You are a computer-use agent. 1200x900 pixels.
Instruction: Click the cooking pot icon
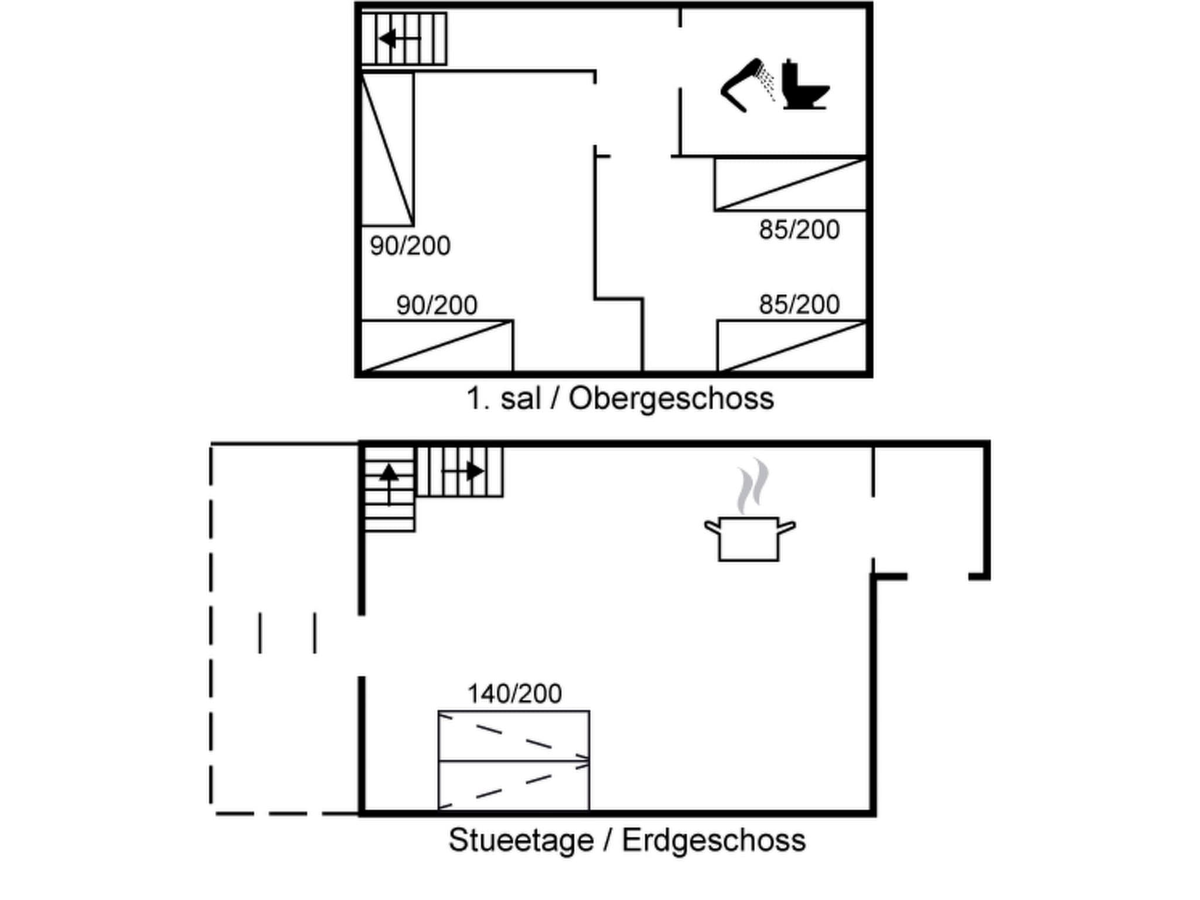(x=749, y=539)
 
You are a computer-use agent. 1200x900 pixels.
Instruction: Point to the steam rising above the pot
(x=752, y=486)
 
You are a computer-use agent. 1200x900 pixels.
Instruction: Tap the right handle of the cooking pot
(x=786, y=527)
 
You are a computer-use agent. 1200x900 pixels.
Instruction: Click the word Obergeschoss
(x=671, y=399)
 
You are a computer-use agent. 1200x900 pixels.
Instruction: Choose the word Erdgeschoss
(x=713, y=840)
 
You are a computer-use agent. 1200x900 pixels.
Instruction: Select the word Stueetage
(x=521, y=840)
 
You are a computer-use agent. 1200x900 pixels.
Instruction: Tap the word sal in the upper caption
(x=520, y=399)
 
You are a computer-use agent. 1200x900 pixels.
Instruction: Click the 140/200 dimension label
(x=514, y=694)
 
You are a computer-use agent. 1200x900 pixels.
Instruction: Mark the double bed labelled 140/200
(x=514, y=761)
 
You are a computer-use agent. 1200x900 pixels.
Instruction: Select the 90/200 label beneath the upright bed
(x=410, y=246)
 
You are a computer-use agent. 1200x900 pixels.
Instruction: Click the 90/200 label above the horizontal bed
(x=437, y=305)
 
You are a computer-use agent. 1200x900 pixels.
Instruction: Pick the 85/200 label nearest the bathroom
(x=799, y=230)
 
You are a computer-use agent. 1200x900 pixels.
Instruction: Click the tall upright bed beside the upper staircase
(x=387, y=149)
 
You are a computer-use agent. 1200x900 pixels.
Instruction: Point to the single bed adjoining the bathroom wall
(x=790, y=185)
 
